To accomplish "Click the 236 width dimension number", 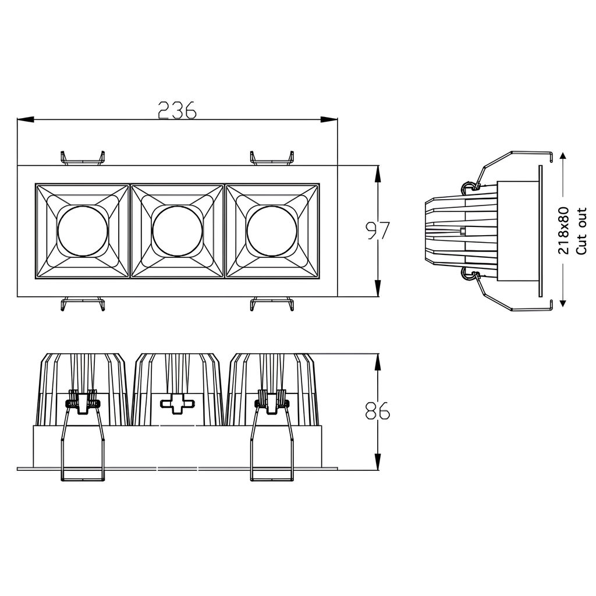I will tap(178, 110).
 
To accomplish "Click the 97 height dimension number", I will tap(377, 231).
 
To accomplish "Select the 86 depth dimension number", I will tap(377, 411).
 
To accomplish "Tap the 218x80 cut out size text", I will tap(563, 231).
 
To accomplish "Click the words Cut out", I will tap(581, 231).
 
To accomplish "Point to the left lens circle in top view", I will tap(83, 231).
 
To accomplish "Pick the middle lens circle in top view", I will tap(178, 231).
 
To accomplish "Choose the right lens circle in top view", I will tap(272, 231).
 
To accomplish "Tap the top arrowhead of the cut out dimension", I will tap(563, 158).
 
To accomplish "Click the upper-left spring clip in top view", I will tap(83, 158).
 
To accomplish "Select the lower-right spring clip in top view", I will tap(272, 304).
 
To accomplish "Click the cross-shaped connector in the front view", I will tap(178, 403).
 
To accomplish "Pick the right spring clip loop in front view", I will tap(272, 442).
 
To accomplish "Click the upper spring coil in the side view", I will tap(467, 188).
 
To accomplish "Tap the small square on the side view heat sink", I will tap(463, 231).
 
